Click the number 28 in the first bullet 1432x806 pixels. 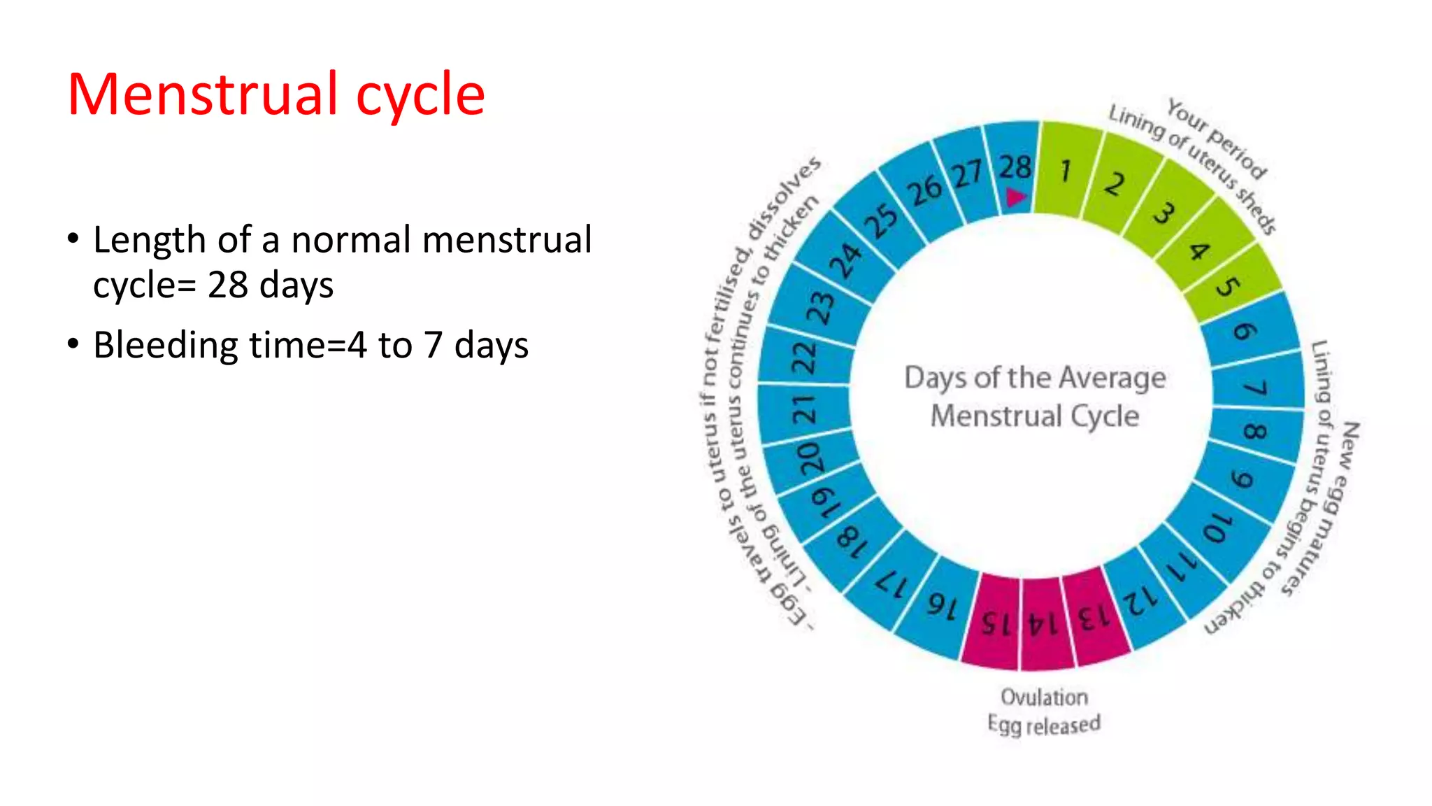(228, 285)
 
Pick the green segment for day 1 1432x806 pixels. (1063, 170)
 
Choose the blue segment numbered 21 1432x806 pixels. (804, 409)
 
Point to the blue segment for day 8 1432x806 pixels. (1256, 431)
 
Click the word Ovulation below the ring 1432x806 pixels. (1044, 697)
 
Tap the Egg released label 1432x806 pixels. (1044, 724)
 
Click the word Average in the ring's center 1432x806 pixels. (1112, 379)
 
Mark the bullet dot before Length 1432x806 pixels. (73, 239)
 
